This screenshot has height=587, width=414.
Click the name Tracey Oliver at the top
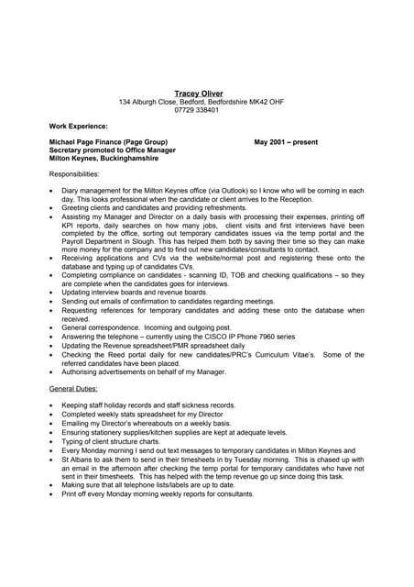tap(199, 93)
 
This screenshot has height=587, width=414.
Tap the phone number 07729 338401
tap(199, 110)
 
